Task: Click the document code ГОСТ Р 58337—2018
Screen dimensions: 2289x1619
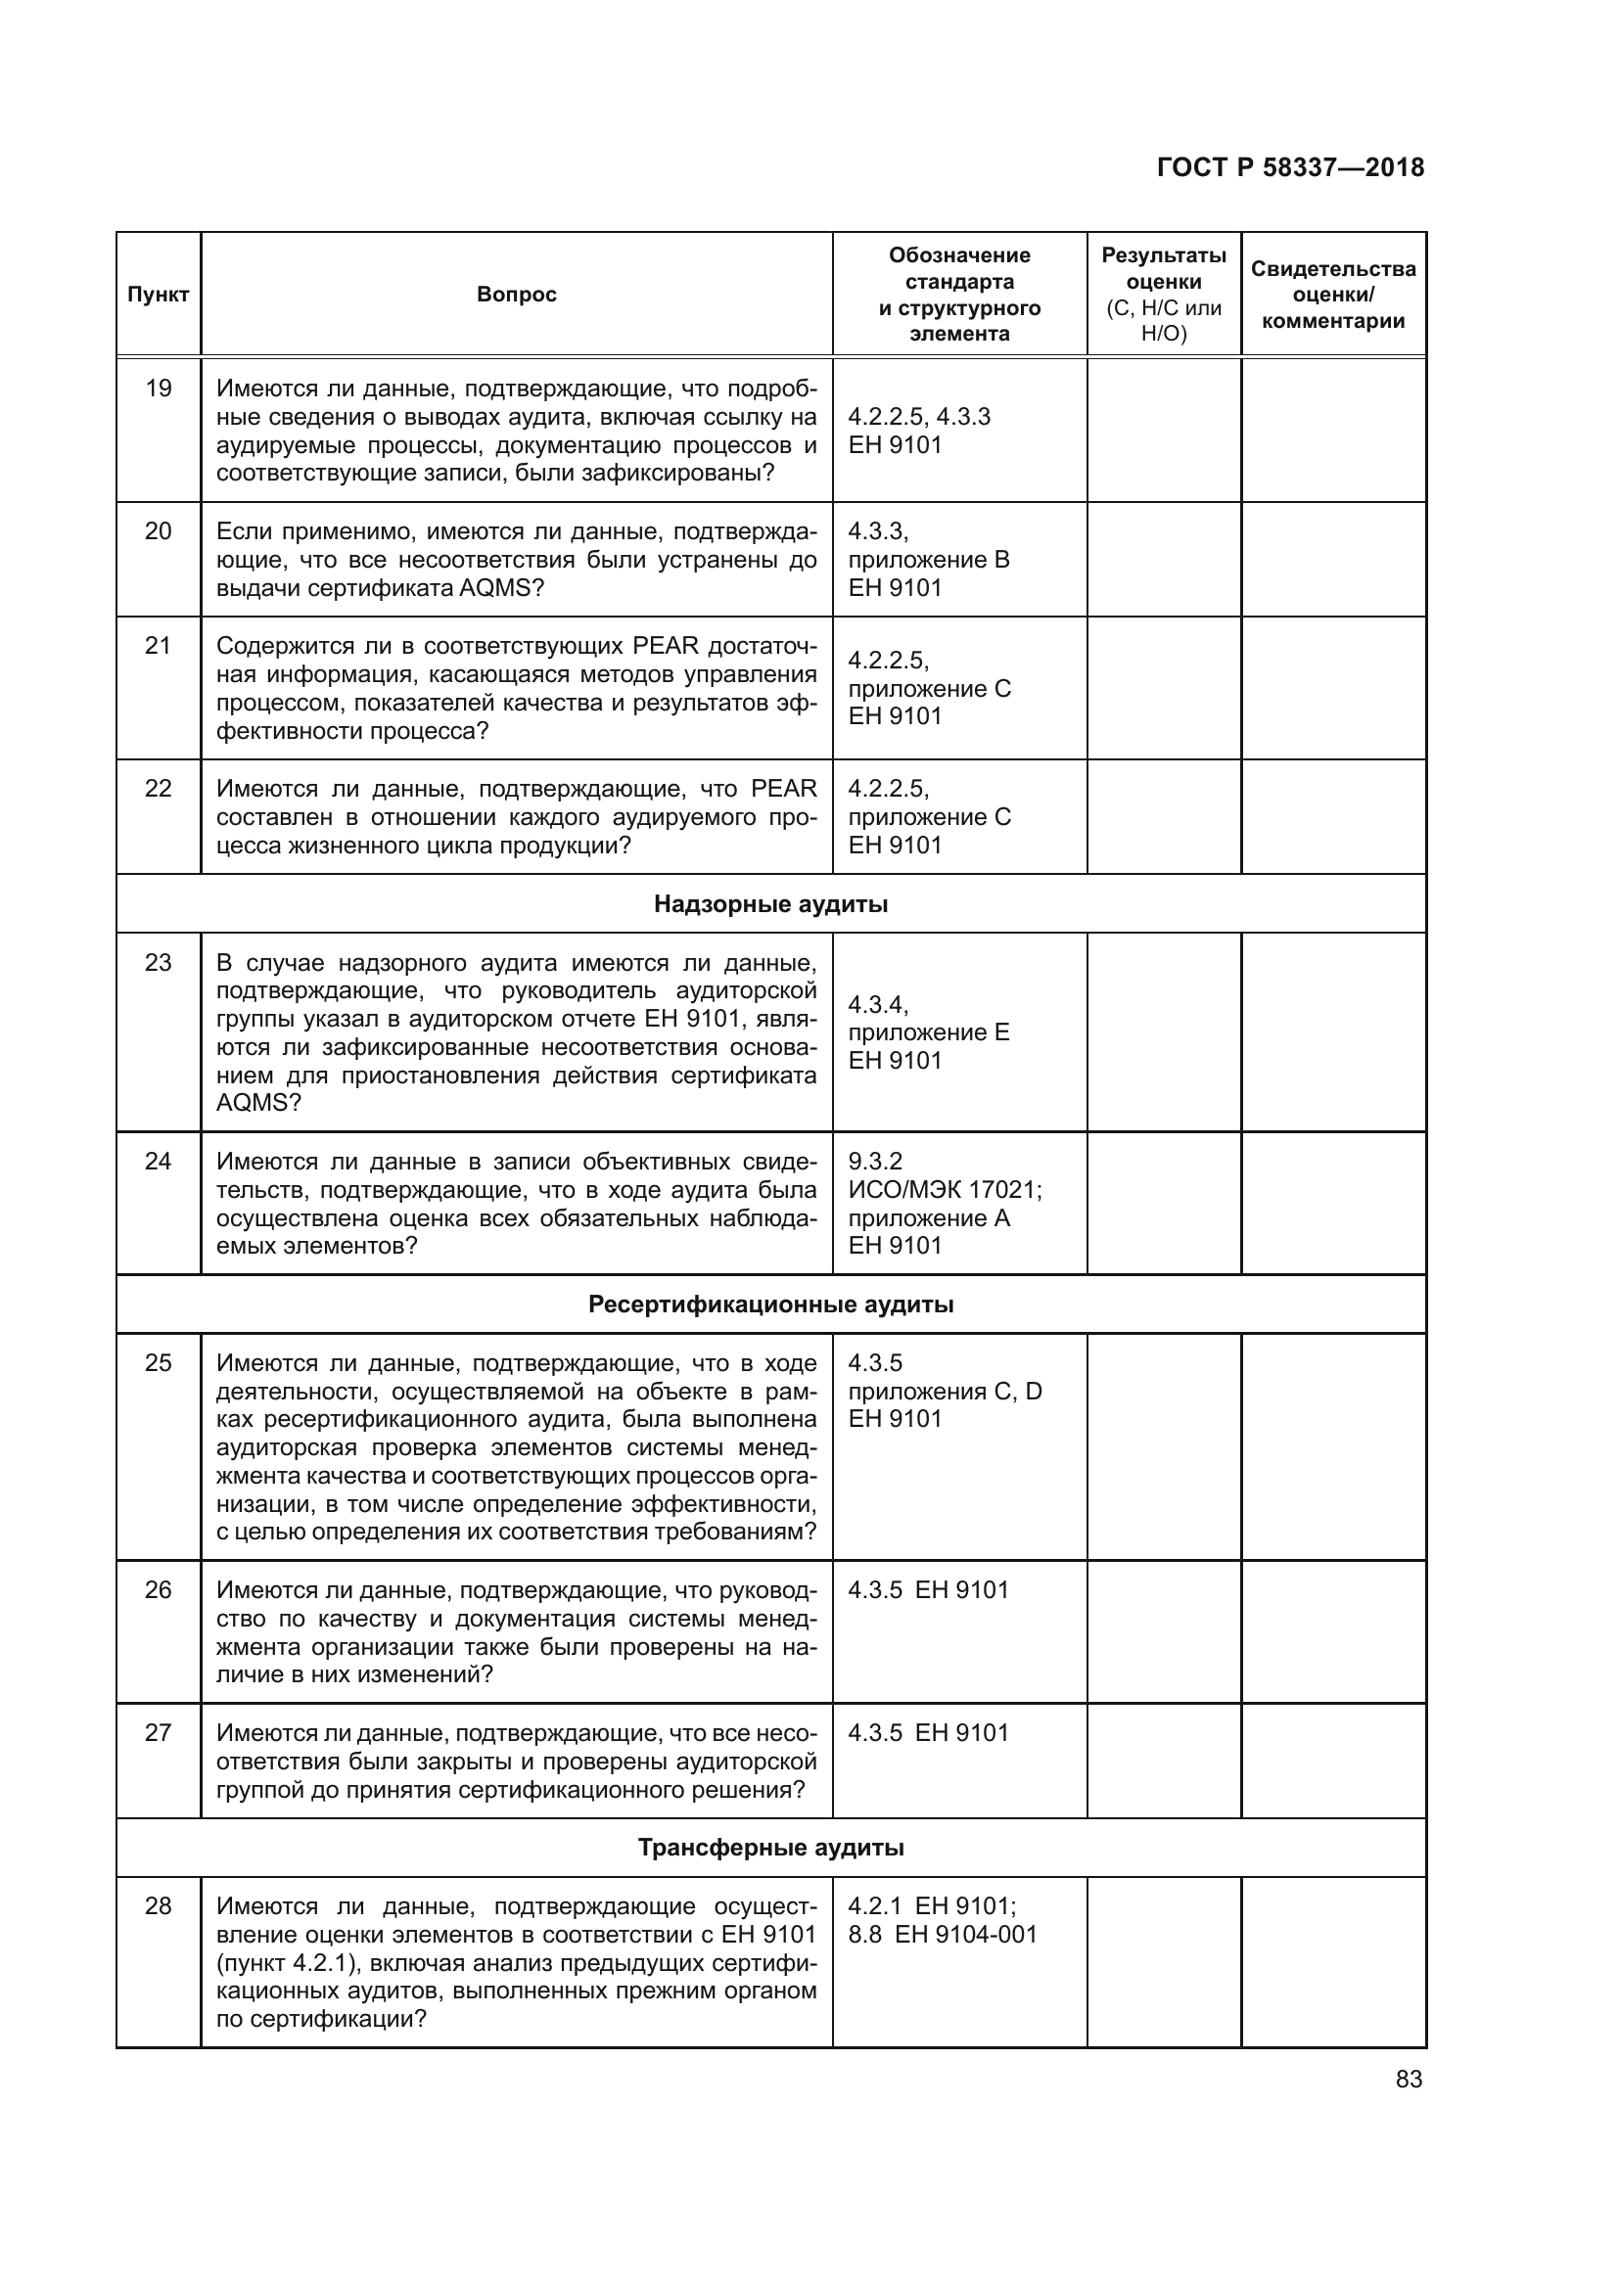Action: coord(1290,167)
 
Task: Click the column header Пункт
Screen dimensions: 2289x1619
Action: coord(158,296)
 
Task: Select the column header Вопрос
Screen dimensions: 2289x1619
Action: coord(517,296)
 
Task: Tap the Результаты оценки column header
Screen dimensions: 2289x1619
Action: coord(1164,295)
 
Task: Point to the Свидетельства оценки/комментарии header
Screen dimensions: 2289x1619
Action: coord(1333,296)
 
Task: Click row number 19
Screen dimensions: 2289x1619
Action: coord(158,389)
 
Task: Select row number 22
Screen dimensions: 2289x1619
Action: coord(158,790)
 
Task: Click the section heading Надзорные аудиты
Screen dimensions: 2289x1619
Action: coord(770,904)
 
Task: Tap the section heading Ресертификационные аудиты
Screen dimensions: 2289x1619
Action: coord(770,1305)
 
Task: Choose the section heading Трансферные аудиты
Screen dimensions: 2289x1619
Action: coord(770,1849)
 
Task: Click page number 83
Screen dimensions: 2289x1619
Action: coord(1409,2080)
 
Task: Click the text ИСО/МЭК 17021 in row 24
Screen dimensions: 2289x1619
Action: coord(944,1190)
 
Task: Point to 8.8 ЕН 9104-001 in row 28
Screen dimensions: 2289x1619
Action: coord(942,1935)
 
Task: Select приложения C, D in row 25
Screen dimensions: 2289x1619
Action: coord(944,1392)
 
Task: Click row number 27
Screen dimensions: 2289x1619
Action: coord(158,1734)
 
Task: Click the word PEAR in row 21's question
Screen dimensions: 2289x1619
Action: coord(666,647)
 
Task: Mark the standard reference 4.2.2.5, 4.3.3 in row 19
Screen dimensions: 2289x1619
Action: coord(919,417)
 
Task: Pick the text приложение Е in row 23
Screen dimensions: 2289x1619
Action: coord(928,1032)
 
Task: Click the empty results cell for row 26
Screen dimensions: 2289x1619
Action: coord(1164,1631)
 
